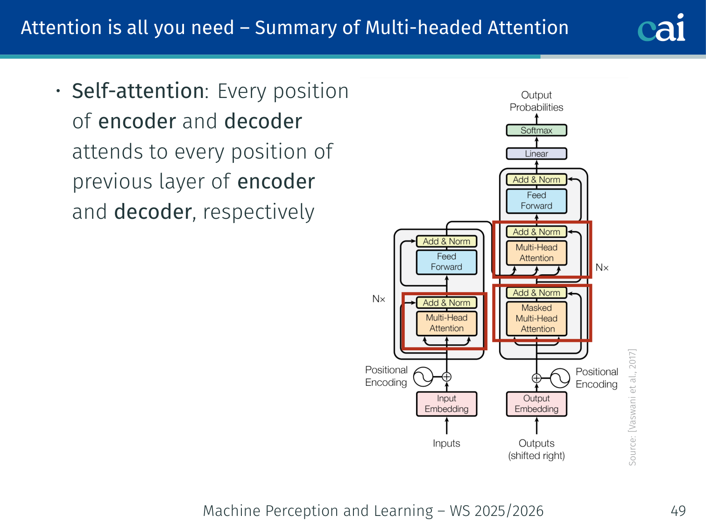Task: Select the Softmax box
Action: click(537, 131)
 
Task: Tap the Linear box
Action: click(537, 153)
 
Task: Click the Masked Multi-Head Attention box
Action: click(537, 319)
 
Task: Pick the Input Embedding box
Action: click(446, 404)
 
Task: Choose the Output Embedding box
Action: click(537, 404)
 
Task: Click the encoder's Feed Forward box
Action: click(446, 262)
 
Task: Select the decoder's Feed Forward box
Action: click(537, 201)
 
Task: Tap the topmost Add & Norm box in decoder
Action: click(537, 180)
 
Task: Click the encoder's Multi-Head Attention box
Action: click(446, 323)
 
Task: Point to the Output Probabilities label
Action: click(537, 101)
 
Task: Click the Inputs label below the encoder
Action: click(446, 443)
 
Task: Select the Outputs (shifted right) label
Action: click(537, 449)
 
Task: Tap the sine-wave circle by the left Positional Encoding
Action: click(424, 377)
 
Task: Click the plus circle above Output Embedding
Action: click(537, 378)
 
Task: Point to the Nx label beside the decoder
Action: click(602, 268)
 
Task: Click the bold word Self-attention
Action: click(138, 91)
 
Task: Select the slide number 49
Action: click(678, 511)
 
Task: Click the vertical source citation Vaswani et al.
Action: click(632, 407)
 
